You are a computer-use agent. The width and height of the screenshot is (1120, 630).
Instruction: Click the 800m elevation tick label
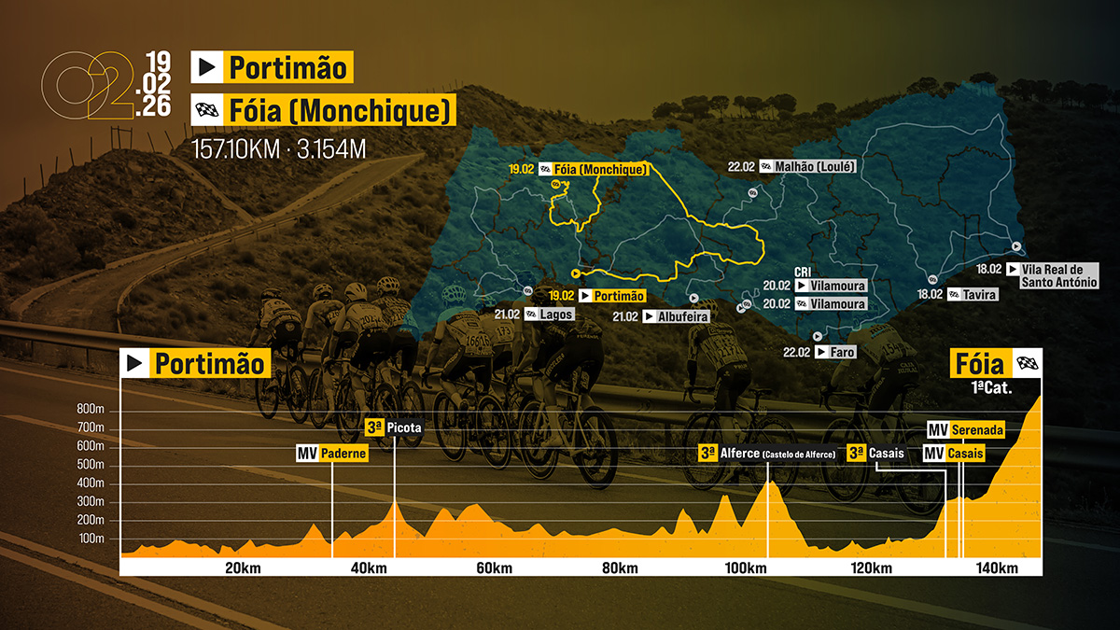[x=91, y=409]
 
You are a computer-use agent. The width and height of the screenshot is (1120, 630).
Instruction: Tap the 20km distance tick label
[x=242, y=568]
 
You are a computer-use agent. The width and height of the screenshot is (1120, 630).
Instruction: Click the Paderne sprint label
[x=343, y=454]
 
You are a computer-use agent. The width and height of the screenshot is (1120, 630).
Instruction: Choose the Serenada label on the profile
[x=977, y=430]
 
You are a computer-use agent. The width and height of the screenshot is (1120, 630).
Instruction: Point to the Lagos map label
[x=556, y=315]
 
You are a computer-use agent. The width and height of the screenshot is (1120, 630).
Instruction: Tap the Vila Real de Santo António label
[x=1059, y=275]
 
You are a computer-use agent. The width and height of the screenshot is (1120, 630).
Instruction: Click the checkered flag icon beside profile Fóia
[x=1028, y=362]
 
